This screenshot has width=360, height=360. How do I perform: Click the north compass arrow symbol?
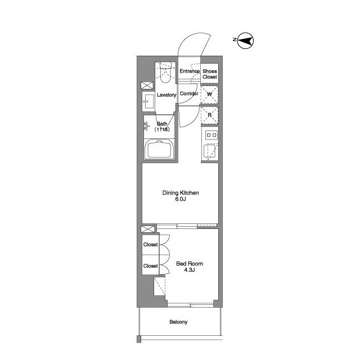[245, 41]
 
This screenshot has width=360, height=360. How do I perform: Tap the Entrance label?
[190, 71]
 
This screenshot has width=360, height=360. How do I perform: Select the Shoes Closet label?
[210, 74]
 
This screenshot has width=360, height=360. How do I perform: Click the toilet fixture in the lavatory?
[165, 72]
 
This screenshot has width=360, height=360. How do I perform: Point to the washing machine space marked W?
[209, 94]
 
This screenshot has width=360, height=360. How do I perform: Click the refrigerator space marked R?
[209, 115]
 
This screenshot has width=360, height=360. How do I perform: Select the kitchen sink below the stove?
[209, 151]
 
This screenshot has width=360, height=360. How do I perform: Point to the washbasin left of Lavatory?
[148, 101]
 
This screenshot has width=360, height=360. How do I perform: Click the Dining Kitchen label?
[181, 193]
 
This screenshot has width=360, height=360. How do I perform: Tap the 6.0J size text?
[181, 199]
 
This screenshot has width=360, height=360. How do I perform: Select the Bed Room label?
[190, 264]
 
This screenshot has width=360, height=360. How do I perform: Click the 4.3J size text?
[190, 270]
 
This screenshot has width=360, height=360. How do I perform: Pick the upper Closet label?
[150, 245]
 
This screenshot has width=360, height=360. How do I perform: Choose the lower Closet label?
[150, 266]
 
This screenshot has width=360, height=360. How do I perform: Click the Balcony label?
[178, 322]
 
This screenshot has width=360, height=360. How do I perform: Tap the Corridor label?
[189, 93]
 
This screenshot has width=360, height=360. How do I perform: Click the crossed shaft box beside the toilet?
[147, 85]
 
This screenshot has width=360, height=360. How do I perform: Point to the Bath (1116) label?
[162, 127]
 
